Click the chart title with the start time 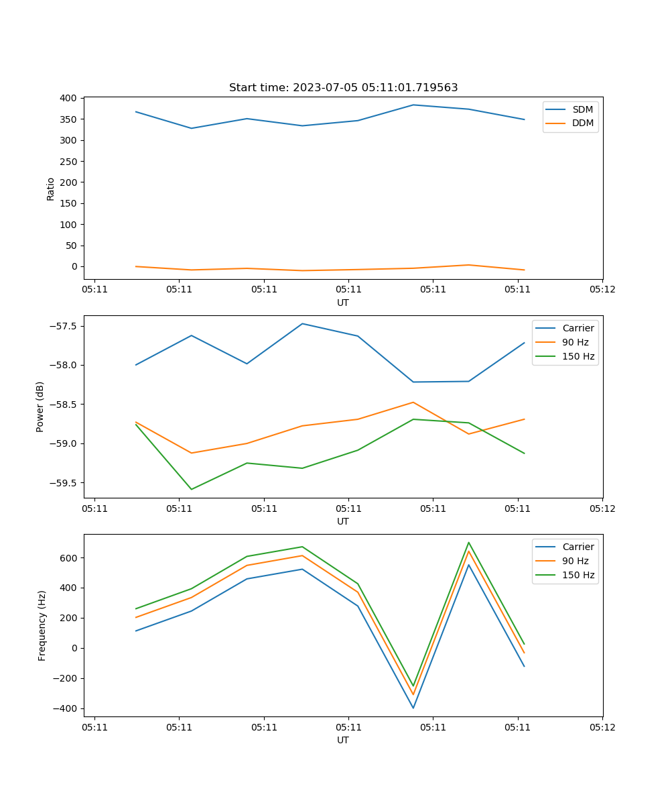[x=343, y=88]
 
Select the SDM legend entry [x=582, y=109]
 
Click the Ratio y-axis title [x=51, y=189]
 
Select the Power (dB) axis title [x=40, y=407]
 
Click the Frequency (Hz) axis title [x=42, y=625]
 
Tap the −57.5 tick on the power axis [x=64, y=326]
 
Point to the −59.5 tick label [x=64, y=483]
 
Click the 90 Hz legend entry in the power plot [x=575, y=342]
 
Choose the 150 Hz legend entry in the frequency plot [x=578, y=575]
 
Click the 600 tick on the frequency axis [x=70, y=558]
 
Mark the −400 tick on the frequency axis [x=67, y=708]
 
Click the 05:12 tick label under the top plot [x=602, y=290]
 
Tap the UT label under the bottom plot [x=343, y=740]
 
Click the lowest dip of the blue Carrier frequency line [x=413, y=708]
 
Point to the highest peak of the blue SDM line [x=413, y=105]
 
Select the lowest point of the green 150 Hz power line [x=192, y=489]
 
